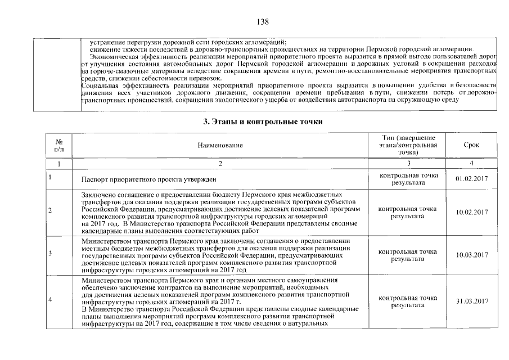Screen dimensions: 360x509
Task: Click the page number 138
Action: (x=263, y=22)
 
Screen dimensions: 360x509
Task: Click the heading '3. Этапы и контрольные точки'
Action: (x=263, y=121)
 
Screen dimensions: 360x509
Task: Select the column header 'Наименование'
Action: (x=220, y=146)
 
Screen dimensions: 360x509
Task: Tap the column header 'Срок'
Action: (x=471, y=145)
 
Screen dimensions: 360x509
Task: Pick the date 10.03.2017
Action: (x=471, y=255)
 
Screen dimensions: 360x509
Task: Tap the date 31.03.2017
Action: (x=471, y=301)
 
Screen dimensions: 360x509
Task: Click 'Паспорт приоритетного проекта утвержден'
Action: (x=149, y=179)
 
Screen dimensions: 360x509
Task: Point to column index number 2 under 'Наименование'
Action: (x=220, y=163)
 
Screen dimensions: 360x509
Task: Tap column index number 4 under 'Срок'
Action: (x=471, y=163)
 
